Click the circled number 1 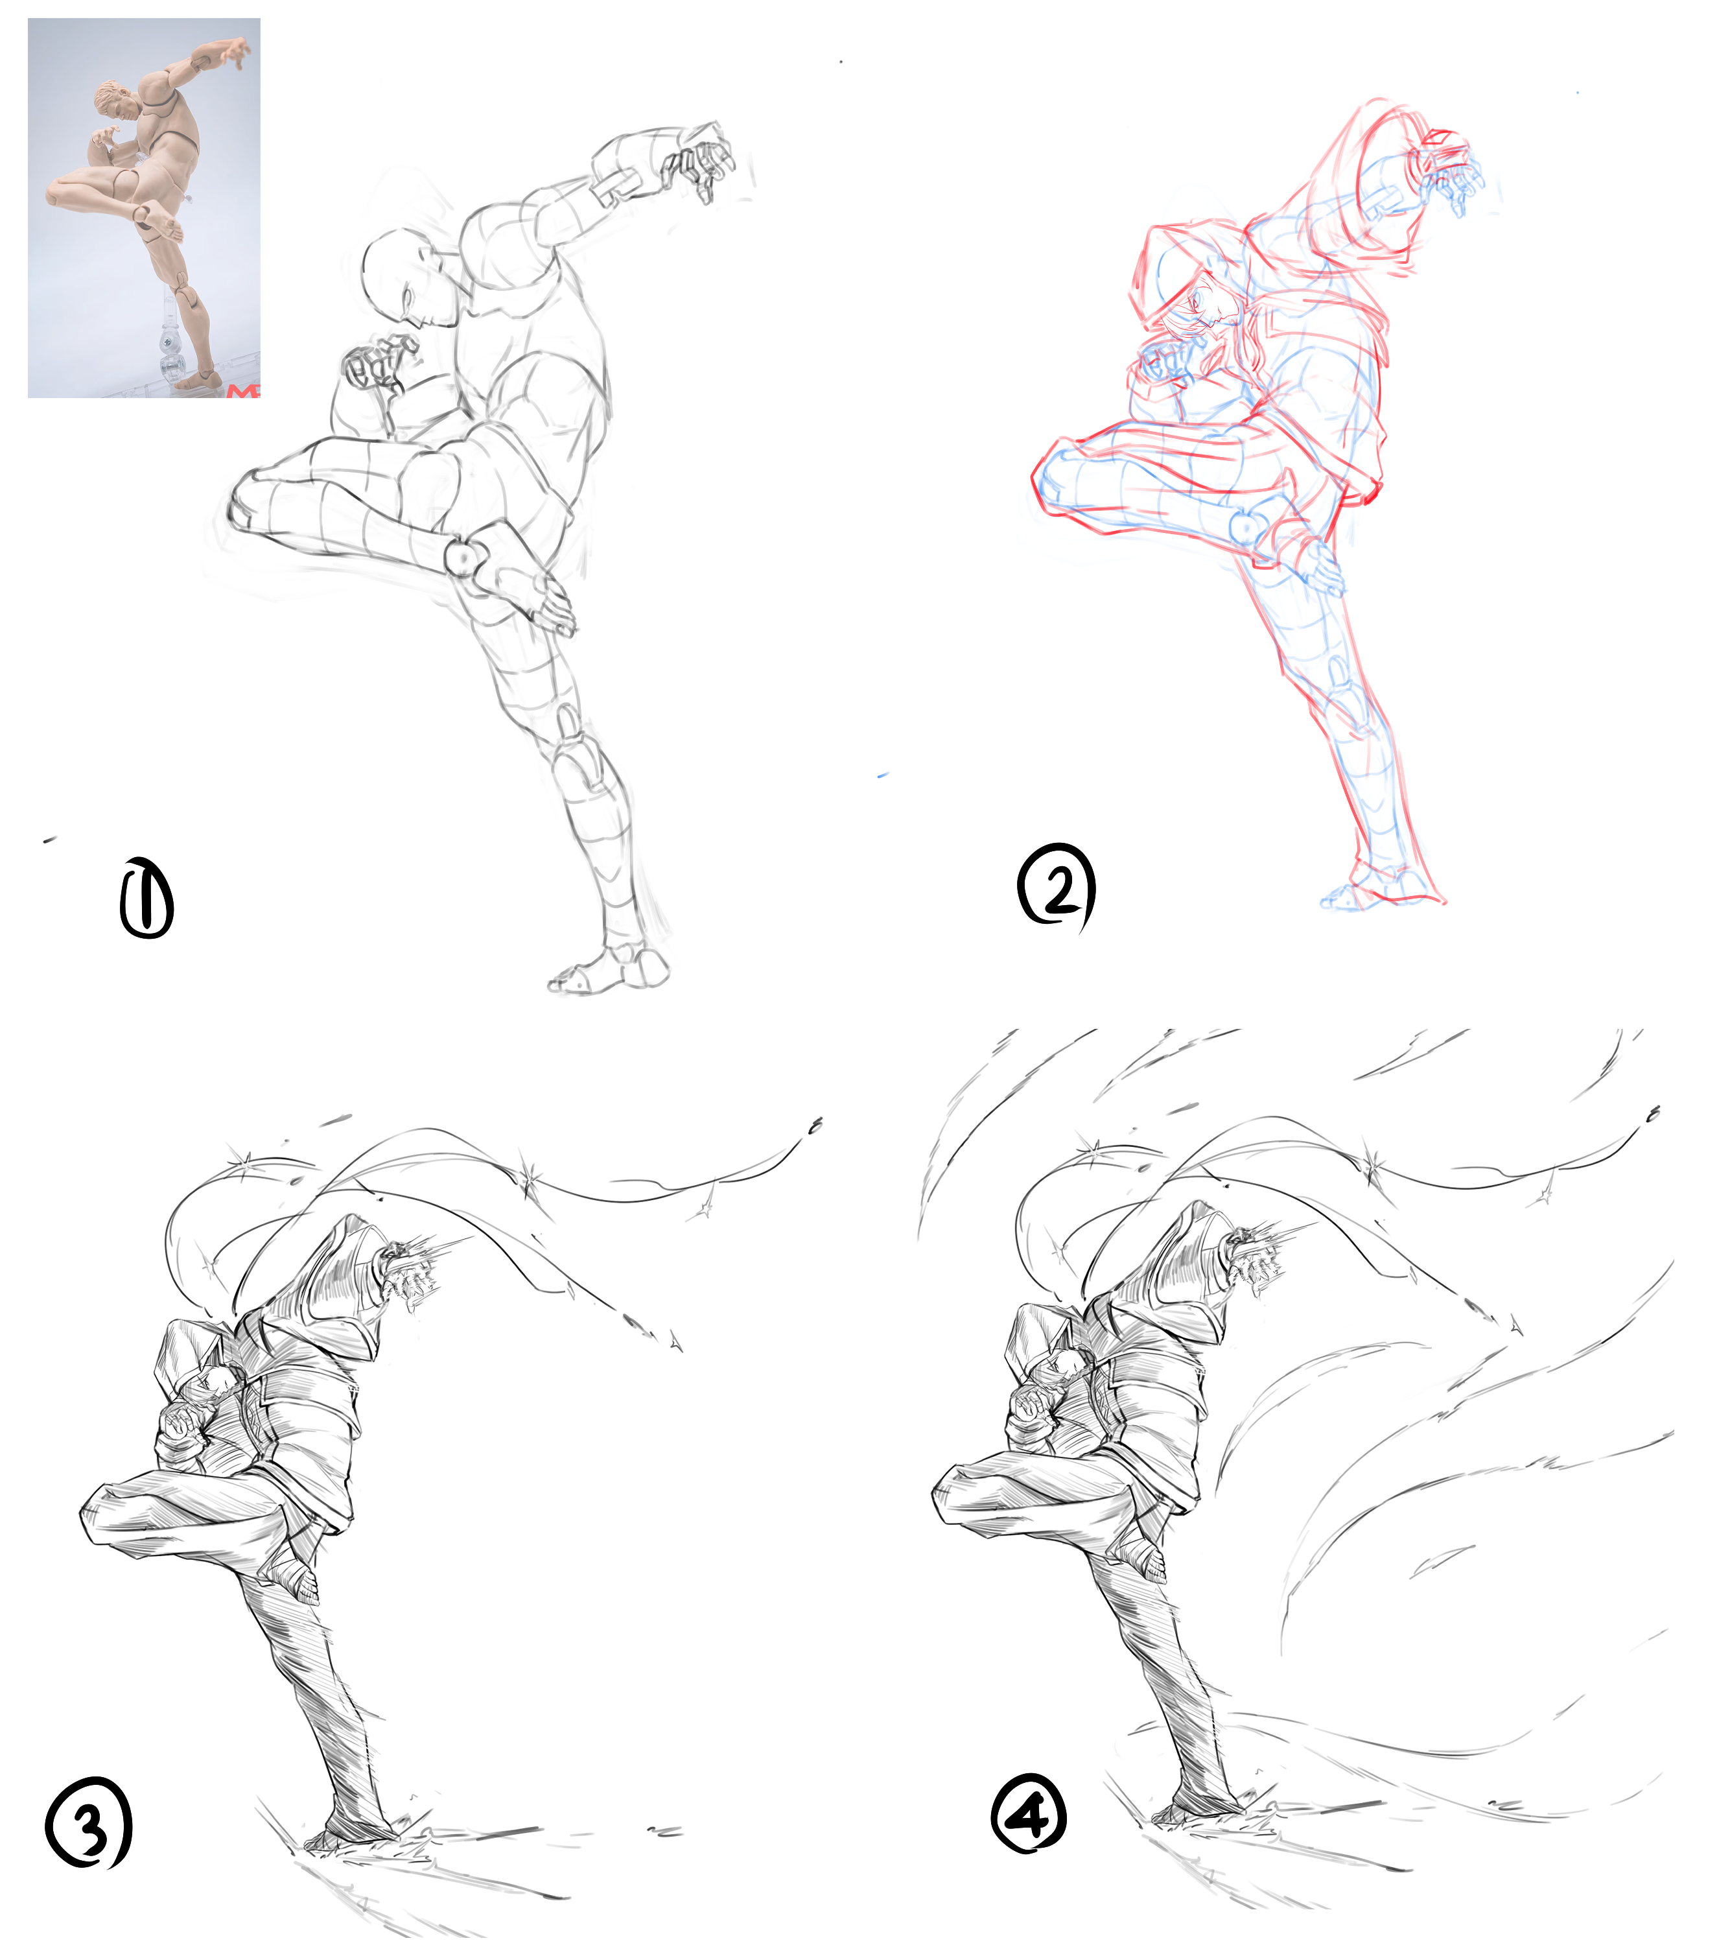(x=146, y=897)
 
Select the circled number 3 (x=88, y=1823)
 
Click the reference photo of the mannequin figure (x=144, y=207)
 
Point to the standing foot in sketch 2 (x=1379, y=890)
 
